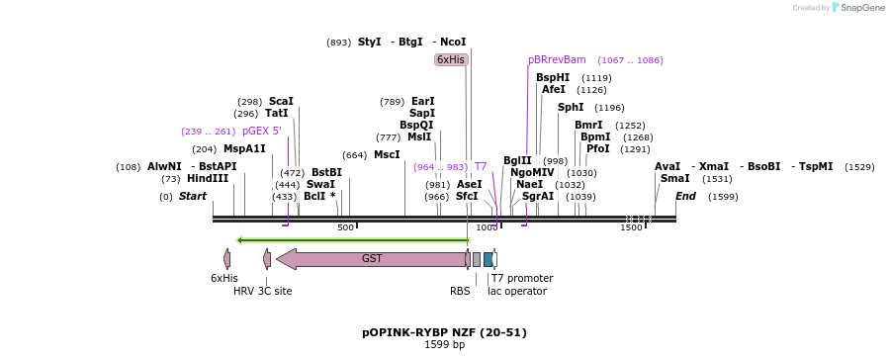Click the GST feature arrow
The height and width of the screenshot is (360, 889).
pos(372,259)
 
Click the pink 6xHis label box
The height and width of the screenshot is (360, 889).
pos(451,59)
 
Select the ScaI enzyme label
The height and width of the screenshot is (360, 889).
pos(281,101)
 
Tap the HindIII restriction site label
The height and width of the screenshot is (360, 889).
pos(208,178)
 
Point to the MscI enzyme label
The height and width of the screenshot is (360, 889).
pos(387,154)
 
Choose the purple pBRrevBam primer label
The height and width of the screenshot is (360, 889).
pos(557,59)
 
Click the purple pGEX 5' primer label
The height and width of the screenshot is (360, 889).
pos(262,131)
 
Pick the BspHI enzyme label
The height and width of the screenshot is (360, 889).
pos(553,77)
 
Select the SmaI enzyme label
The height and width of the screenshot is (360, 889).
pos(674,178)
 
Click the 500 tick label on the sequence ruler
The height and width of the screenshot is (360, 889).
pos(345,228)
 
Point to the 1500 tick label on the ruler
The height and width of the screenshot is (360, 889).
pos(631,228)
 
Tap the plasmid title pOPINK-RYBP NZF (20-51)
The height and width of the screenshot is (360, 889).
pos(444,332)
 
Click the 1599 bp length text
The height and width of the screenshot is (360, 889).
pos(444,345)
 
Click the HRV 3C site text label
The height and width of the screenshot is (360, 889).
pos(262,291)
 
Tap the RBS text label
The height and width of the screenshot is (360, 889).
pos(460,291)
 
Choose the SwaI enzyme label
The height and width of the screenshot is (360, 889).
pos(320,184)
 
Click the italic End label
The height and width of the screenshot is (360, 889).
pos(685,196)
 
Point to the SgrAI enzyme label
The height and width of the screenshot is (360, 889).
pos(538,196)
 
